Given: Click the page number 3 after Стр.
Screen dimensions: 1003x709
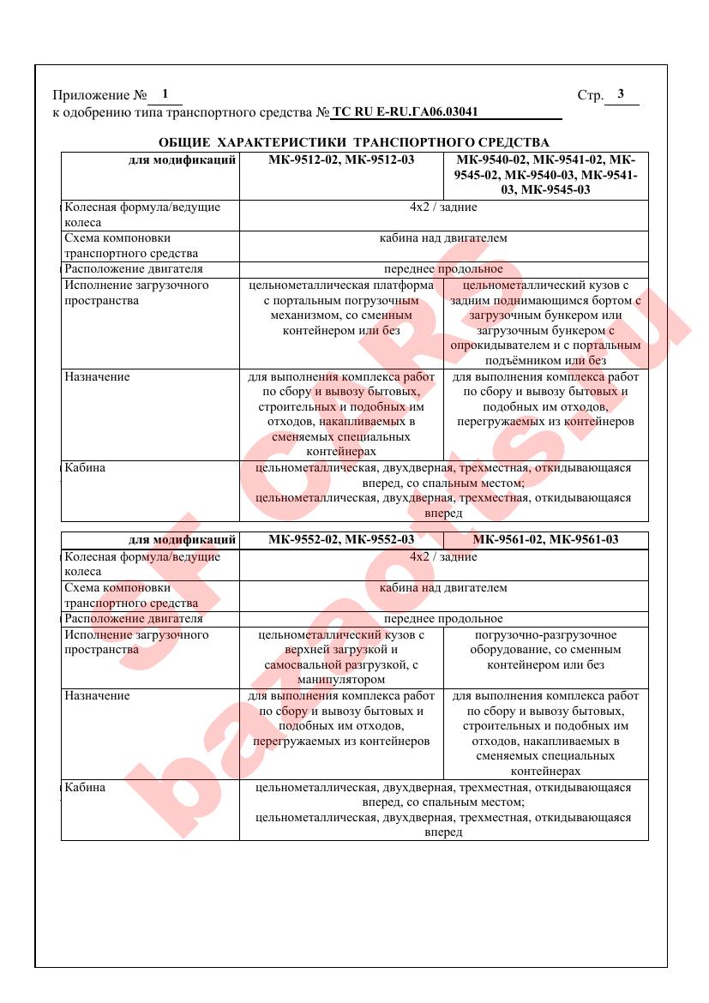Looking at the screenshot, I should pos(621,94).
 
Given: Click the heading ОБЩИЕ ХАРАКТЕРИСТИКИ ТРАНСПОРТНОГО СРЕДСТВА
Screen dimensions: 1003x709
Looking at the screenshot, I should pos(354,141).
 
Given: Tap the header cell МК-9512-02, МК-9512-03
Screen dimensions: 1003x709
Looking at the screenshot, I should pos(341,159).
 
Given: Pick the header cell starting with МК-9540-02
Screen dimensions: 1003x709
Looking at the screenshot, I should pos(546,175).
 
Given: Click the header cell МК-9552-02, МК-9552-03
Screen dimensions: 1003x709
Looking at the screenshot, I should pos(341,539).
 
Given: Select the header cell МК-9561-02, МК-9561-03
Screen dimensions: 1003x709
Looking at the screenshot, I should pos(545,539).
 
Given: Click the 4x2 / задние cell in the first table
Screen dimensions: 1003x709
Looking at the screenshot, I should pos(443,207).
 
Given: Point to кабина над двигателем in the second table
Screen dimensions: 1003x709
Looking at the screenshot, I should pos(443,588).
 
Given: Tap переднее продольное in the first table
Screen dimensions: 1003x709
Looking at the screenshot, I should pos(443,269).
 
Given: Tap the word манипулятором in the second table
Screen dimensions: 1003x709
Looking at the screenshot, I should pos(341,680).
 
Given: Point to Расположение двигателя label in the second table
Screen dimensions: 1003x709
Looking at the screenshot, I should pos(134,619).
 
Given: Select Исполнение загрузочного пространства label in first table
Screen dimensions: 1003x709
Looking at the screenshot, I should pos(136,292).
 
